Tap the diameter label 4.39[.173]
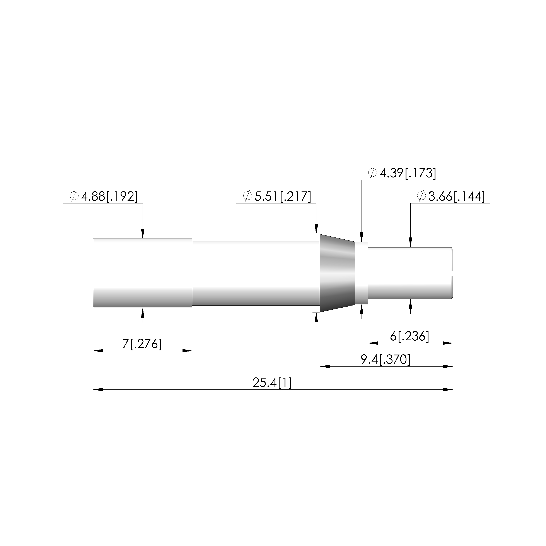click(x=408, y=173)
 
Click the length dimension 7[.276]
click(x=142, y=344)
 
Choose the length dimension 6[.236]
click(x=409, y=336)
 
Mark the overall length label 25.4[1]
click(x=272, y=383)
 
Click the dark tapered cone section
click(x=337, y=273)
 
